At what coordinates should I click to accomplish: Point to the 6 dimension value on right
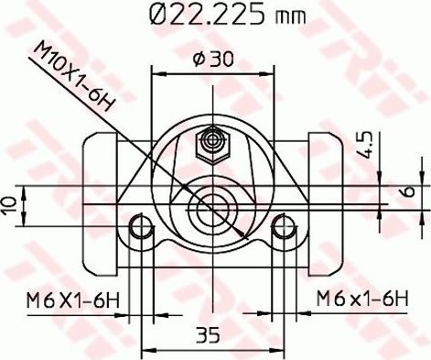[411, 192]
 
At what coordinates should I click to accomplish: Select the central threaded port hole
[214, 208]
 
